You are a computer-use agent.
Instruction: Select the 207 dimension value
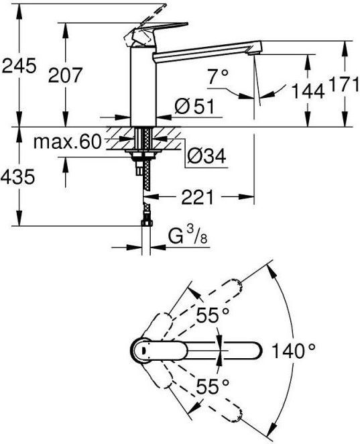[65, 75]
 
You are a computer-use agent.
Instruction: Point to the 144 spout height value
[308, 91]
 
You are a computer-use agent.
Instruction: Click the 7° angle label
[218, 76]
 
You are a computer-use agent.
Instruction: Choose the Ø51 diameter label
[194, 106]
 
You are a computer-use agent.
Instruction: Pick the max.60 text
[67, 142]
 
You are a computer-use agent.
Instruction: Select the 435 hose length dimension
[18, 176]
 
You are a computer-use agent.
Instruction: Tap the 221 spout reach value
[197, 197]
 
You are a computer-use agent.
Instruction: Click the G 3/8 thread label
[188, 237]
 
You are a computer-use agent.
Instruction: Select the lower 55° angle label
[213, 386]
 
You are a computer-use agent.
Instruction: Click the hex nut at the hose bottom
[147, 223]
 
